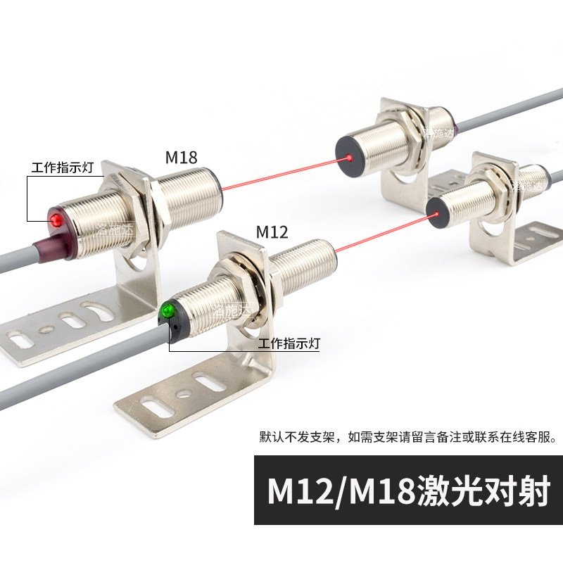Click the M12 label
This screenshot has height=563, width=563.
click(x=272, y=232)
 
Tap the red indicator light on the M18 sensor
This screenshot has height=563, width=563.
click(x=56, y=221)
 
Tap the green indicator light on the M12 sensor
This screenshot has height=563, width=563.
click(x=168, y=310)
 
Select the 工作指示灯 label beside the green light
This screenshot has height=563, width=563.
click(x=289, y=344)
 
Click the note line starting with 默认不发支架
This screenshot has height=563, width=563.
click(x=407, y=436)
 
